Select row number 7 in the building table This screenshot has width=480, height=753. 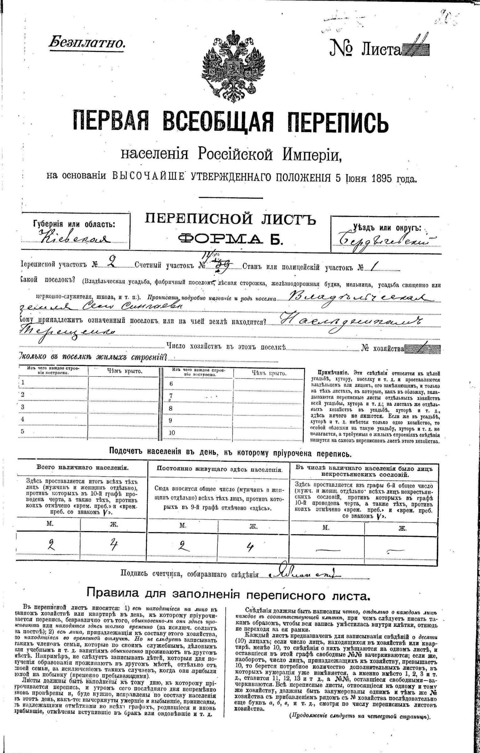pos(171,396)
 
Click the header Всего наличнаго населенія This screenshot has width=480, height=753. pos(82,467)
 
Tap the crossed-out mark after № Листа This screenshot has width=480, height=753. pos(415,49)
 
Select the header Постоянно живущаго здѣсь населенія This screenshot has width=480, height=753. pos(218,469)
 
